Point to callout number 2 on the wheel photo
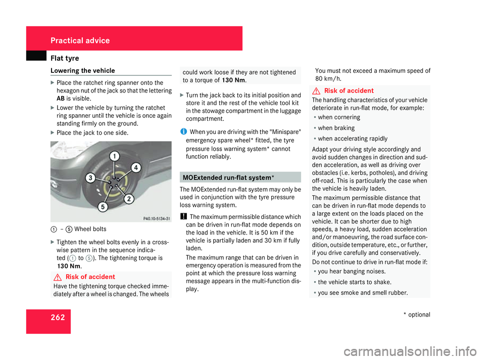tap(128, 199)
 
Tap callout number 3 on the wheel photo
tap(90, 177)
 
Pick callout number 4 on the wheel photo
tap(136, 167)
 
